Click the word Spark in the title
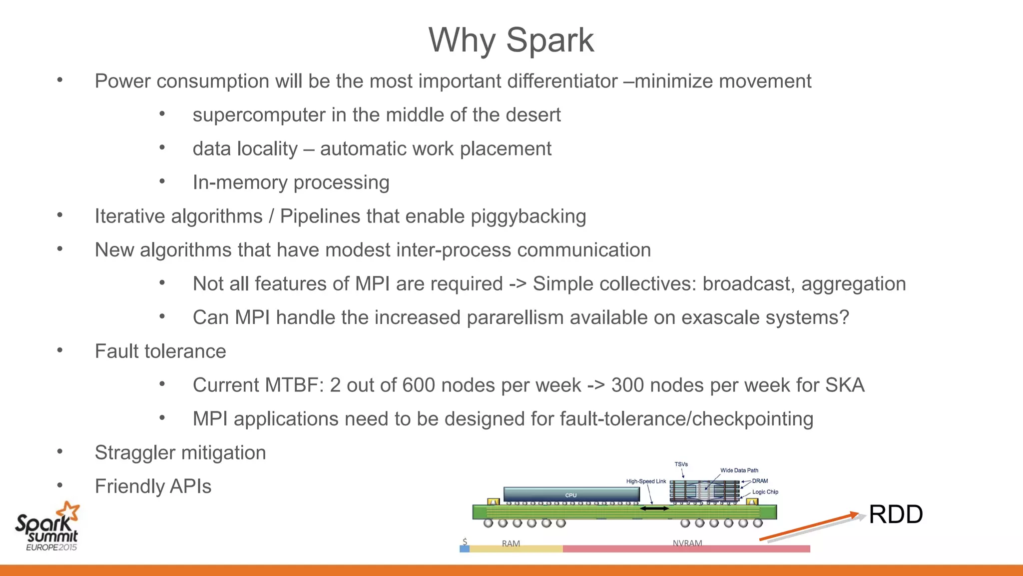point(550,40)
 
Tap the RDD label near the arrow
point(896,514)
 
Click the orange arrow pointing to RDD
point(809,526)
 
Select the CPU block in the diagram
point(571,495)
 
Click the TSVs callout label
point(681,464)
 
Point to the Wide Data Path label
point(739,470)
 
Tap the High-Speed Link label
point(646,481)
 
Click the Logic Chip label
point(765,492)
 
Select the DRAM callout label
point(760,481)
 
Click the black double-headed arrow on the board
point(654,508)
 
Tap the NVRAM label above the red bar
point(687,543)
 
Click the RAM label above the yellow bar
point(511,543)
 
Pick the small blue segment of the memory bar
point(465,549)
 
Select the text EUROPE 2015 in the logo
point(51,547)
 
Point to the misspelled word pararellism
point(515,318)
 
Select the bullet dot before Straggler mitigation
point(60,452)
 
